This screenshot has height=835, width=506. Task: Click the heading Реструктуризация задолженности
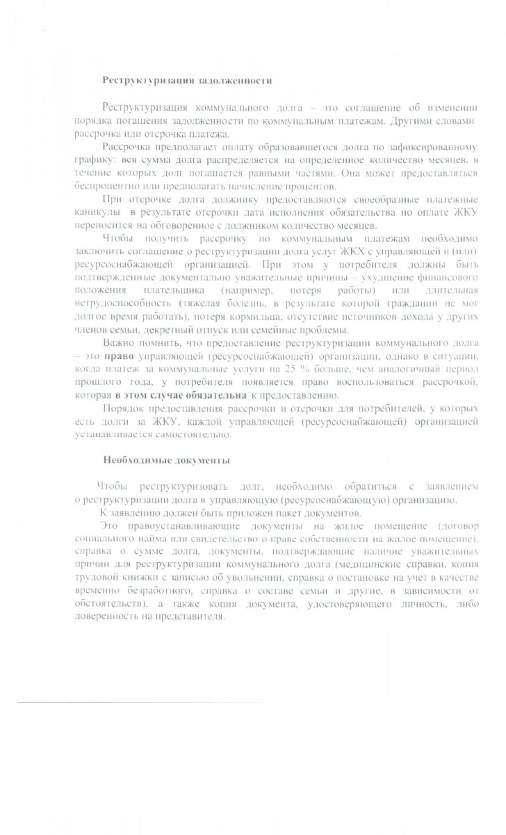point(187,80)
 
